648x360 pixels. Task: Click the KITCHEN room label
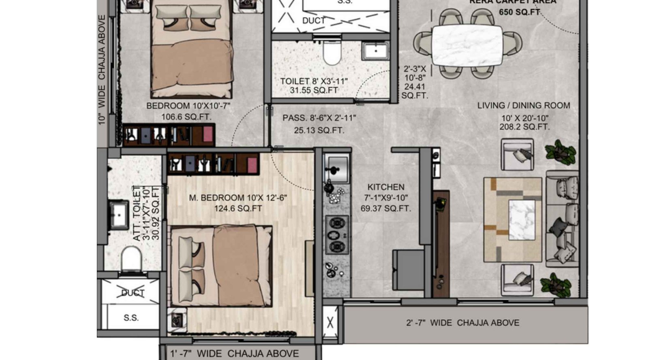click(x=386, y=187)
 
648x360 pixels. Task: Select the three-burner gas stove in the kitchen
click(x=337, y=235)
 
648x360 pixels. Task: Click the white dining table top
click(x=467, y=45)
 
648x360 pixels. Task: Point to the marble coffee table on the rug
click(x=522, y=219)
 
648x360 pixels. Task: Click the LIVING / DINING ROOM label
click(x=523, y=106)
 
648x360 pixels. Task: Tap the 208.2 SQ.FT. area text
click(x=524, y=127)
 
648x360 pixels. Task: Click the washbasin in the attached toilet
click(x=117, y=214)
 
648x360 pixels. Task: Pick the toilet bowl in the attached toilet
click(x=131, y=258)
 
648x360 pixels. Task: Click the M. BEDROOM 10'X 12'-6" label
click(x=238, y=198)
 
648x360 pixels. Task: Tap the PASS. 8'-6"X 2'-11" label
click(x=319, y=118)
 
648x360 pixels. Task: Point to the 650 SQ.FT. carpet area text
click(x=519, y=12)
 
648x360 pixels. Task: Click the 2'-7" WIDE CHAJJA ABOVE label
click(x=463, y=323)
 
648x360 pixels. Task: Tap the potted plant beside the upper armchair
click(x=560, y=152)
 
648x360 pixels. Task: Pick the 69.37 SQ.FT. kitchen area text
click(x=386, y=209)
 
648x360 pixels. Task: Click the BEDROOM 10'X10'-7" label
click(x=188, y=106)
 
